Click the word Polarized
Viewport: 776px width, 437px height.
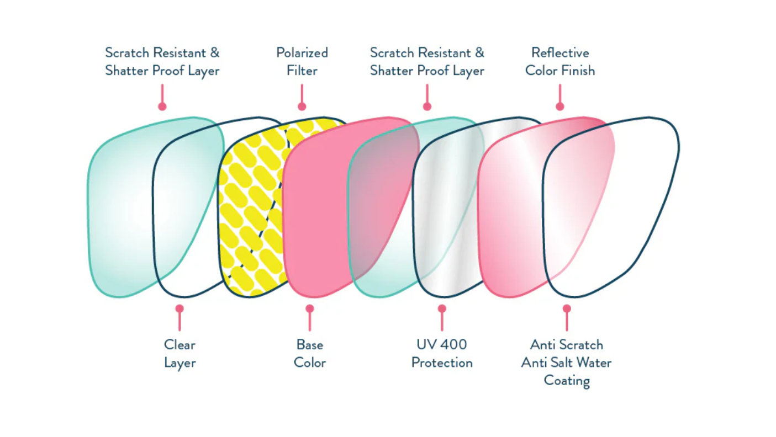click(302, 53)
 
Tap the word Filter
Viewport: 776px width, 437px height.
click(302, 71)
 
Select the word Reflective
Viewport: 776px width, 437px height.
click(560, 53)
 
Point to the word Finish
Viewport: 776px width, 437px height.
click(579, 71)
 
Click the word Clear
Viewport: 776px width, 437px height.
click(180, 345)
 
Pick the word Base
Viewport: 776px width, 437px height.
click(310, 345)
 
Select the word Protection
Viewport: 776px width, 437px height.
click(442, 363)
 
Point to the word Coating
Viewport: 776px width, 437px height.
click(567, 381)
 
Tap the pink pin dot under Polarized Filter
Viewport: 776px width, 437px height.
click(302, 106)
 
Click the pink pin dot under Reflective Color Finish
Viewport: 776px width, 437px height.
click(560, 106)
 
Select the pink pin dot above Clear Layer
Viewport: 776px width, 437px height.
click(179, 308)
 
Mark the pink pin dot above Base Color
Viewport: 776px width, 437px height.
click(310, 308)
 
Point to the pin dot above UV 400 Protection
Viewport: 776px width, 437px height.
click(442, 308)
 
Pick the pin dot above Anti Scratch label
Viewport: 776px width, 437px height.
click(567, 308)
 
